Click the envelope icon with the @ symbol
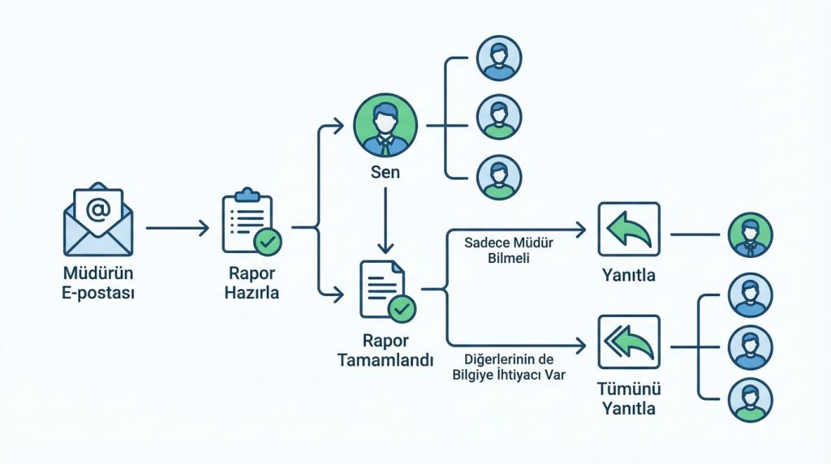pyautogui.click(x=97, y=217)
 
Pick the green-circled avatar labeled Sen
pyautogui.click(x=386, y=127)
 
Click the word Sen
pyautogui.click(x=385, y=174)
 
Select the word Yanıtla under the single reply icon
pyautogui.click(x=628, y=276)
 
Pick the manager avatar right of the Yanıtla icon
pyautogui.click(x=751, y=234)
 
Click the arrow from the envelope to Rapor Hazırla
pyautogui.click(x=177, y=229)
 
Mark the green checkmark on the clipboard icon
pyautogui.click(x=267, y=242)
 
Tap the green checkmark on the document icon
pyautogui.click(x=402, y=308)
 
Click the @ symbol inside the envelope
pyautogui.click(x=98, y=210)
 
